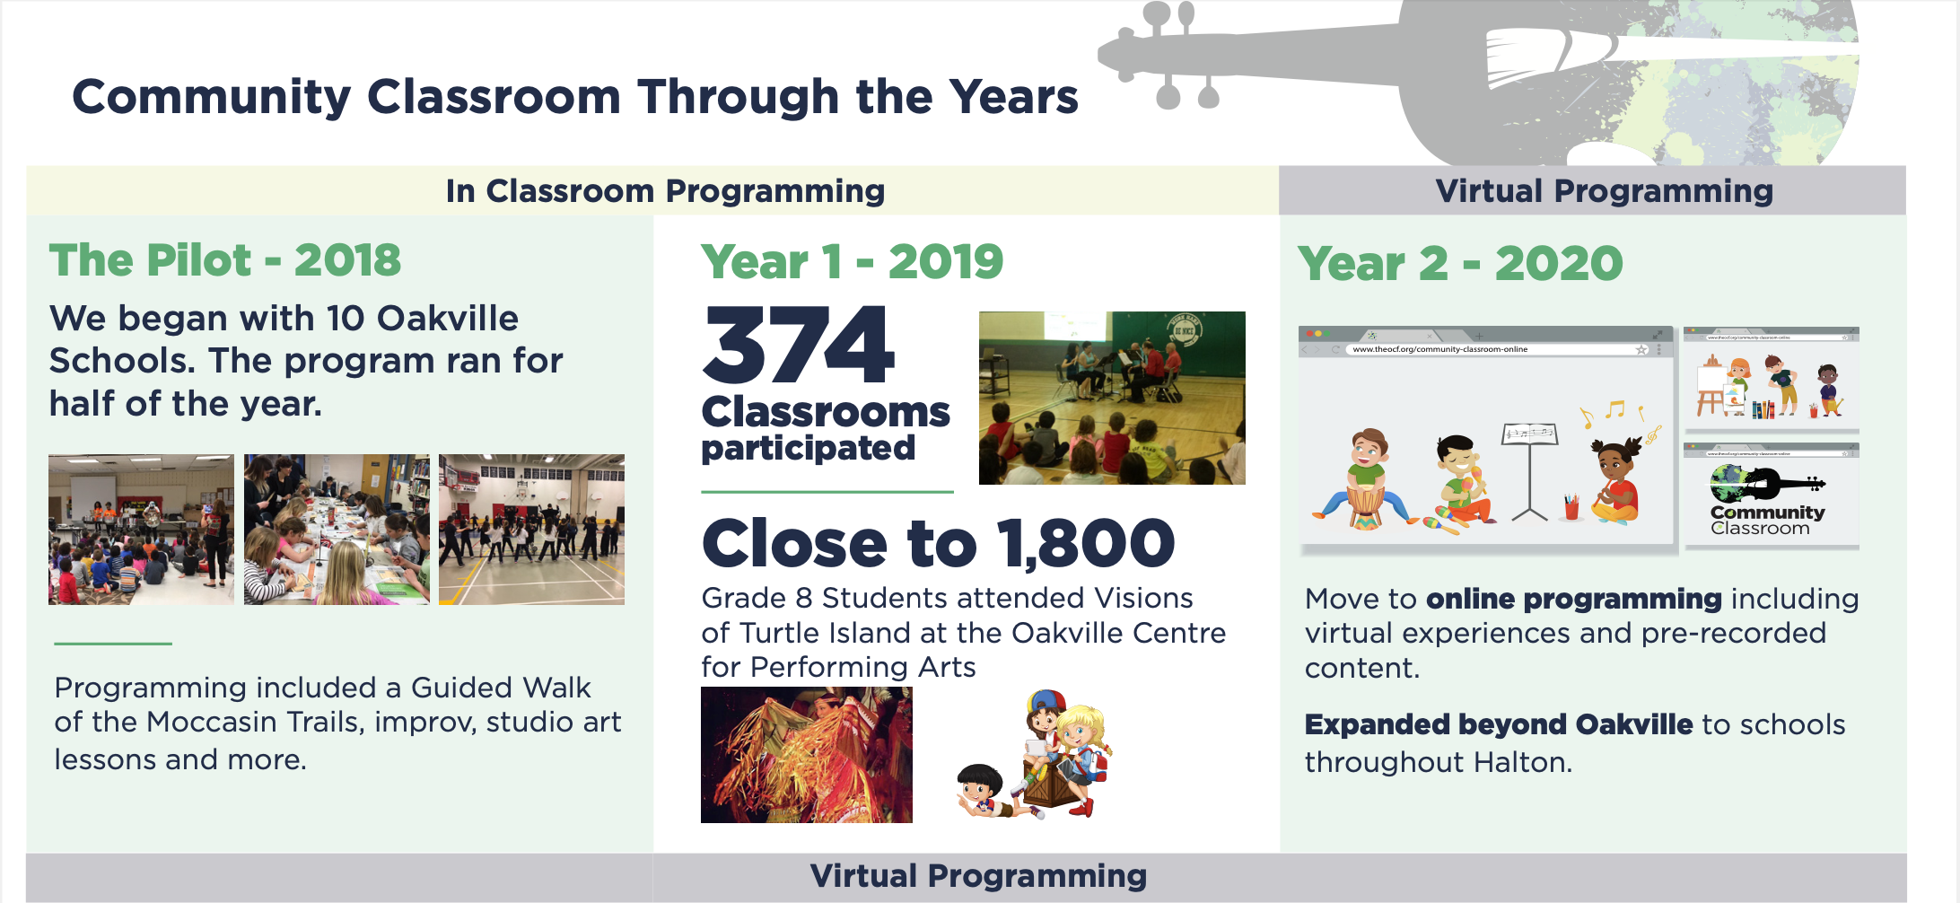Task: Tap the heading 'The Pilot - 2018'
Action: (x=225, y=260)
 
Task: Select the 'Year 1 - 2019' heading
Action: (x=852, y=261)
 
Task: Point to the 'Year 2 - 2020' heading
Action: (x=1460, y=264)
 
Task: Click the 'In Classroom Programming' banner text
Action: (x=665, y=190)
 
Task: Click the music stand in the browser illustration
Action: (x=1529, y=471)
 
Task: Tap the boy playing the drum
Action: (x=1366, y=479)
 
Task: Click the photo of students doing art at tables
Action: (x=337, y=529)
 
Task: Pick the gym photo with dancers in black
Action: (x=531, y=529)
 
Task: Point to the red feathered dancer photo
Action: (x=806, y=755)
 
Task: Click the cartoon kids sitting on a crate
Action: (x=1036, y=755)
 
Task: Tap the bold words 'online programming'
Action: (x=1573, y=599)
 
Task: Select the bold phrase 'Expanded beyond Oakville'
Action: (x=1498, y=724)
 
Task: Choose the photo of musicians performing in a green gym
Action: (x=1112, y=398)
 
